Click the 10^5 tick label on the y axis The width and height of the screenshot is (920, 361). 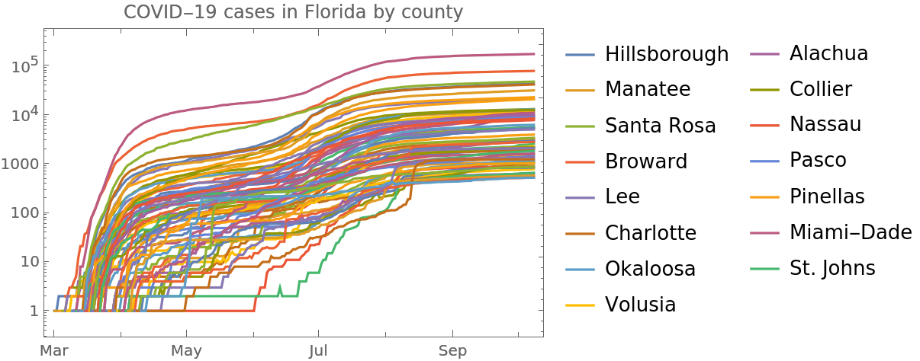coord(24,66)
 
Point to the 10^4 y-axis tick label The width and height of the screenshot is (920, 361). coord(24,115)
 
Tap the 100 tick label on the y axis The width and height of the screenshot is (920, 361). coord(24,212)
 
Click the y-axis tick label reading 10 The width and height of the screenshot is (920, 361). coord(29,261)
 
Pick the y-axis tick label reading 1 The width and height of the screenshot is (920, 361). coord(34,310)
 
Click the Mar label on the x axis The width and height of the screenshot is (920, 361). coord(55,351)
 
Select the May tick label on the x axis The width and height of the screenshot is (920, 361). coord(186,351)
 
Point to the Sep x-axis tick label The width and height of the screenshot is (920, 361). coord(453,351)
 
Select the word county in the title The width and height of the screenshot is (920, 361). coord(436,13)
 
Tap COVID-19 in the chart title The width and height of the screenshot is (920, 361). coord(163,13)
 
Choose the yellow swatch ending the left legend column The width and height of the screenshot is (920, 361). coord(580,305)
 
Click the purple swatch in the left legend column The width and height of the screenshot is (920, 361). coord(580,198)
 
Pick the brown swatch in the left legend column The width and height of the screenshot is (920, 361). coord(580,234)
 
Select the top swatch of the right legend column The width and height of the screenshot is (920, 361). coord(764,54)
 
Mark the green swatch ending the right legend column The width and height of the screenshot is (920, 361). coord(764,269)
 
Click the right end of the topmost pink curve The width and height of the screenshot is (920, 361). coord(533,54)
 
